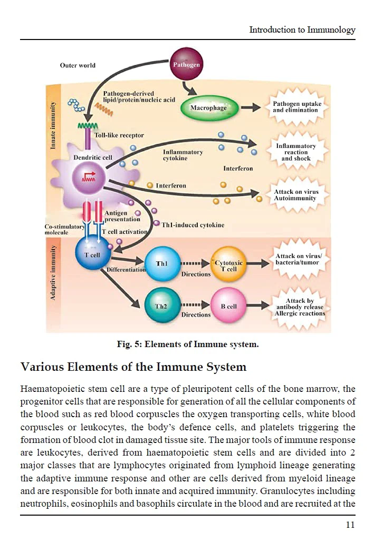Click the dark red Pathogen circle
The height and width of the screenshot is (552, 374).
[186, 64]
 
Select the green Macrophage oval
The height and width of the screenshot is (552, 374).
[209, 108]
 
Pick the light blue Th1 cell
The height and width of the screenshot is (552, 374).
[162, 263]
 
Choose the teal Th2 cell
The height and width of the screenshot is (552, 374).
[162, 305]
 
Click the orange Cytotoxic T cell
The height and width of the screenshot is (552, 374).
[228, 264]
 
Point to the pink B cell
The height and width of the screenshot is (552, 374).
[228, 305]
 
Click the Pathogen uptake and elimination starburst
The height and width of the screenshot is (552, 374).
[297, 107]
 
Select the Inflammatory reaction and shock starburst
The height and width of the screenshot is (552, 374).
[296, 152]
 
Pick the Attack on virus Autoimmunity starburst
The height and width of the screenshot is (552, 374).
[296, 195]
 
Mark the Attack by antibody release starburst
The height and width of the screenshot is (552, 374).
[300, 307]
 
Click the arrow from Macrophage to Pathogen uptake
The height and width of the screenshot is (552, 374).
[251, 108]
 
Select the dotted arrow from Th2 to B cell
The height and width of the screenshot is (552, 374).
[195, 305]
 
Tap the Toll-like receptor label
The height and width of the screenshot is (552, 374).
[119, 135]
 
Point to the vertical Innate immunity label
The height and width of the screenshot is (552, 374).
[53, 125]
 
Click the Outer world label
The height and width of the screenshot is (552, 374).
[78, 65]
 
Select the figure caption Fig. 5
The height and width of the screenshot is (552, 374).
[188, 344]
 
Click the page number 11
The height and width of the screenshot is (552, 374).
[350, 525]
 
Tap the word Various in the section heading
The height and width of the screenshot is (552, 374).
[42, 367]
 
